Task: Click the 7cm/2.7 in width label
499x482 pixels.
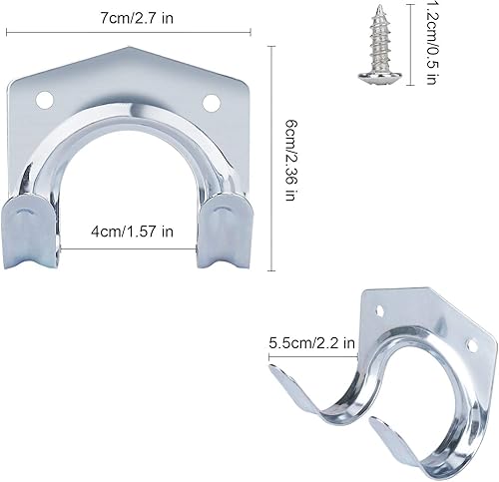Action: point(137,18)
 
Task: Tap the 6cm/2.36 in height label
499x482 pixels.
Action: point(290,161)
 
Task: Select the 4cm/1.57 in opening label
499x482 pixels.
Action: point(133,232)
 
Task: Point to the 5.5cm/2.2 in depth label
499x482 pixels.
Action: point(312,342)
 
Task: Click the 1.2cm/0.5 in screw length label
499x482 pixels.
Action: point(431,43)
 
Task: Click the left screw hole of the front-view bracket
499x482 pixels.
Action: point(45,100)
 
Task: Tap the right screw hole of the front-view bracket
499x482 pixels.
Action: point(212,103)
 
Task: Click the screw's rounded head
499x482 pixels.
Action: point(380,76)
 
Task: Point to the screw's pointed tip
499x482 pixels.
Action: point(380,6)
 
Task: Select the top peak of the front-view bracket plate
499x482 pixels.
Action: point(129,47)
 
